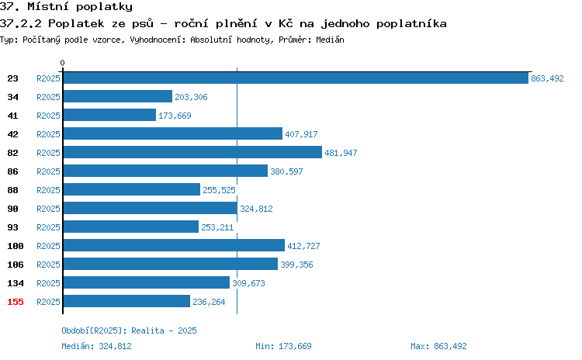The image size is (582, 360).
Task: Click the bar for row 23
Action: click(x=296, y=78)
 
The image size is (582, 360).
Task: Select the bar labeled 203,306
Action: click(x=118, y=96)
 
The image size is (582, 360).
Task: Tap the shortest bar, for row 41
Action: click(x=109, y=115)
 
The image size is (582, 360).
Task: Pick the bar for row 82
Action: click(x=192, y=152)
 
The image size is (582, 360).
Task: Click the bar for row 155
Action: click(x=126, y=301)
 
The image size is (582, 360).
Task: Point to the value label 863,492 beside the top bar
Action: click(x=547, y=78)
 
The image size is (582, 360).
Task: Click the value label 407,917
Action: click(x=301, y=134)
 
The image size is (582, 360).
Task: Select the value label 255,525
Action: click(x=219, y=190)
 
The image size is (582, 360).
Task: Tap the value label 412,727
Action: click(x=303, y=246)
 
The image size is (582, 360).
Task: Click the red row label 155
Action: click(x=16, y=302)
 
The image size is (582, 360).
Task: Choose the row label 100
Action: click(x=16, y=246)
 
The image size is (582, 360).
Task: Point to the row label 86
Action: click(x=12, y=171)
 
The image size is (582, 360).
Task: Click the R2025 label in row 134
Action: click(x=48, y=283)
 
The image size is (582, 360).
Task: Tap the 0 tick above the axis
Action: click(x=62, y=63)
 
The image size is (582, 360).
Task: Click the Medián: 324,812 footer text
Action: click(x=96, y=346)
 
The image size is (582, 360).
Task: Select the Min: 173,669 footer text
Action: click(x=283, y=346)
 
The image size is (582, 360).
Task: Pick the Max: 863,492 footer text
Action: click(x=438, y=346)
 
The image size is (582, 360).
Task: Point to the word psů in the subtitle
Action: click(x=143, y=23)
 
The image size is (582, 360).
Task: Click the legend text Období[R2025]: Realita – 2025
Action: click(x=129, y=331)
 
